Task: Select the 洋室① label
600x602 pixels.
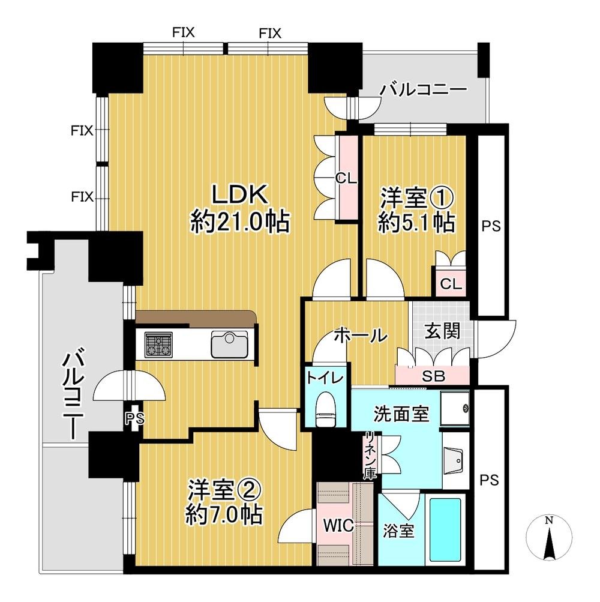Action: [x=415, y=197]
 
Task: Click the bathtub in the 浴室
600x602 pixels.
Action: [x=445, y=528]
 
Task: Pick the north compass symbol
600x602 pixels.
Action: [x=548, y=540]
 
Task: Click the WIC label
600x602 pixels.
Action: [x=340, y=524]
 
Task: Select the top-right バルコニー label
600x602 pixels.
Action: [x=424, y=91]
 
